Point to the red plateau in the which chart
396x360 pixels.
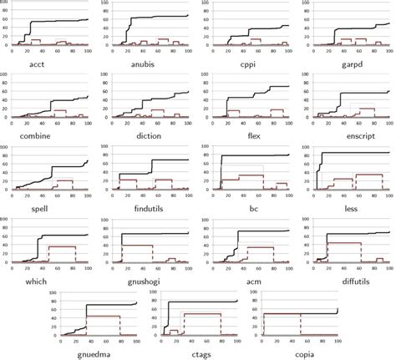click(x=59, y=246)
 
